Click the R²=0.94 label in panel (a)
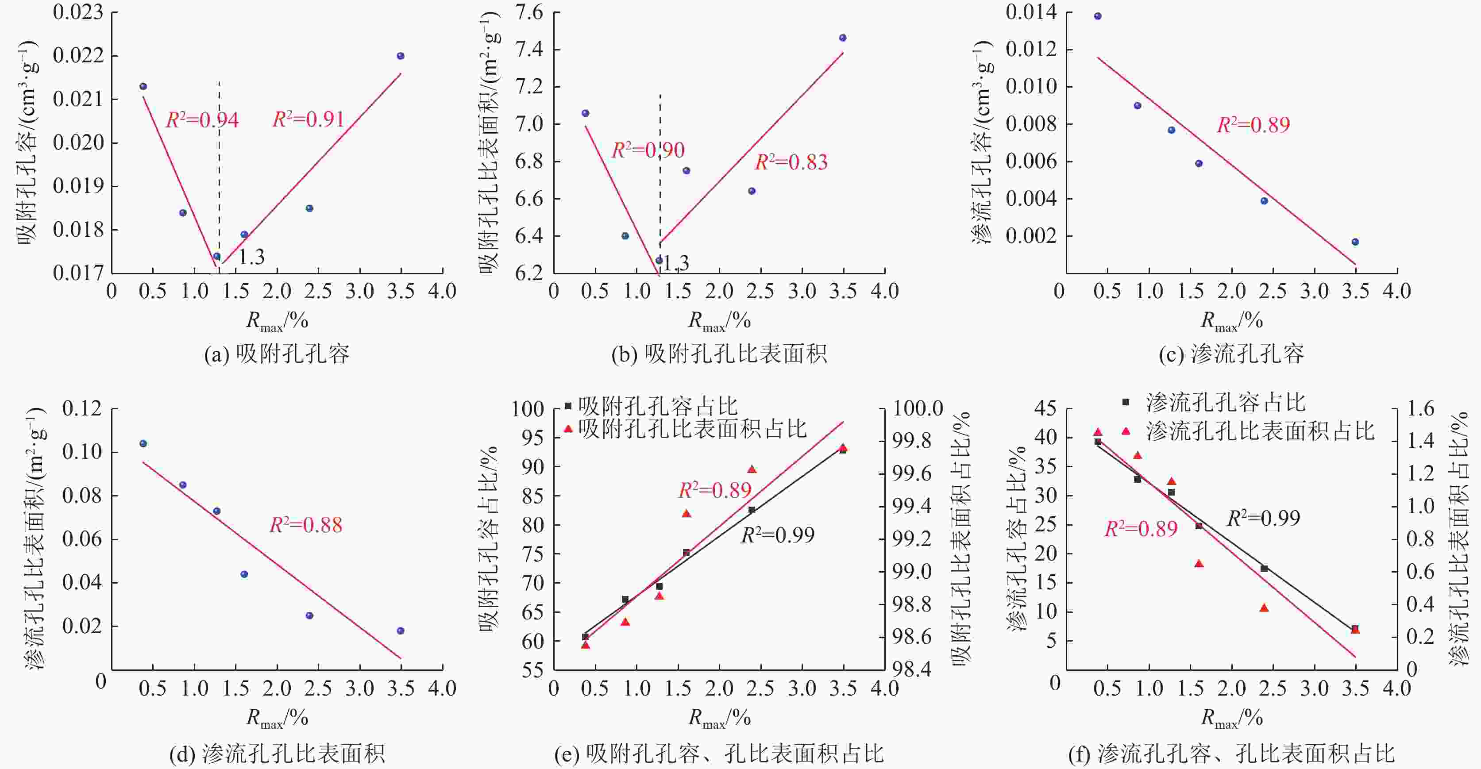pyautogui.click(x=202, y=120)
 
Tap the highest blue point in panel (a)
pyautogui.click(x=401, y=56)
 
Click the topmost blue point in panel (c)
pyautogui.click(x=1098, y=16)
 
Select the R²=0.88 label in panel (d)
pyautogui.click(x=306, y=525)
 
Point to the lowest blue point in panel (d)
pyautogui.click(x=401, y=631)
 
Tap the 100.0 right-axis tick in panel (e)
pyautogui.click(x=918, y=409)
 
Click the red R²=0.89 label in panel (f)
pyautogui.click(x=1141, y=529)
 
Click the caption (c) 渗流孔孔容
pyautogui.click(x=1231, y=354)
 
